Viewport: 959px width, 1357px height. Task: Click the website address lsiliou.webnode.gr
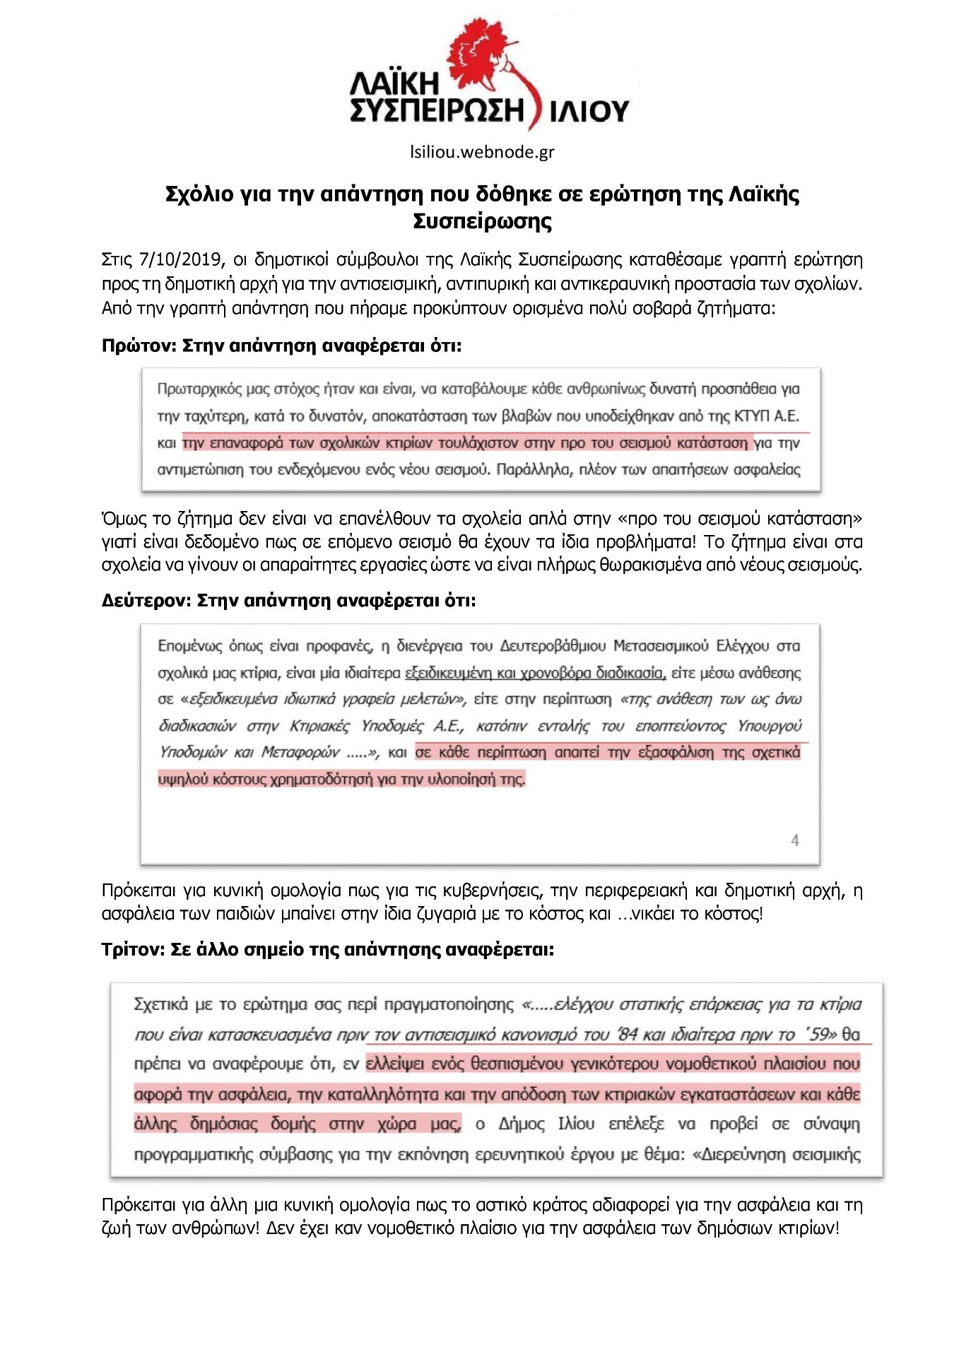pos(482,152)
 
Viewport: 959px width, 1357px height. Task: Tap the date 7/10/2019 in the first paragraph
pos(182,259)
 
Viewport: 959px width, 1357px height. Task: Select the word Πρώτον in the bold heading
pos(138,346)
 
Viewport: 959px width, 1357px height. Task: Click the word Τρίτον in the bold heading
pos(133,949)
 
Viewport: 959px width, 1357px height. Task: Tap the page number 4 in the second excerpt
pos(794,840)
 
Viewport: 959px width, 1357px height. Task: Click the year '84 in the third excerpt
pos(628,1035)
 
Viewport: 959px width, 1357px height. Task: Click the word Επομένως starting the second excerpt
pos(189,646)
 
